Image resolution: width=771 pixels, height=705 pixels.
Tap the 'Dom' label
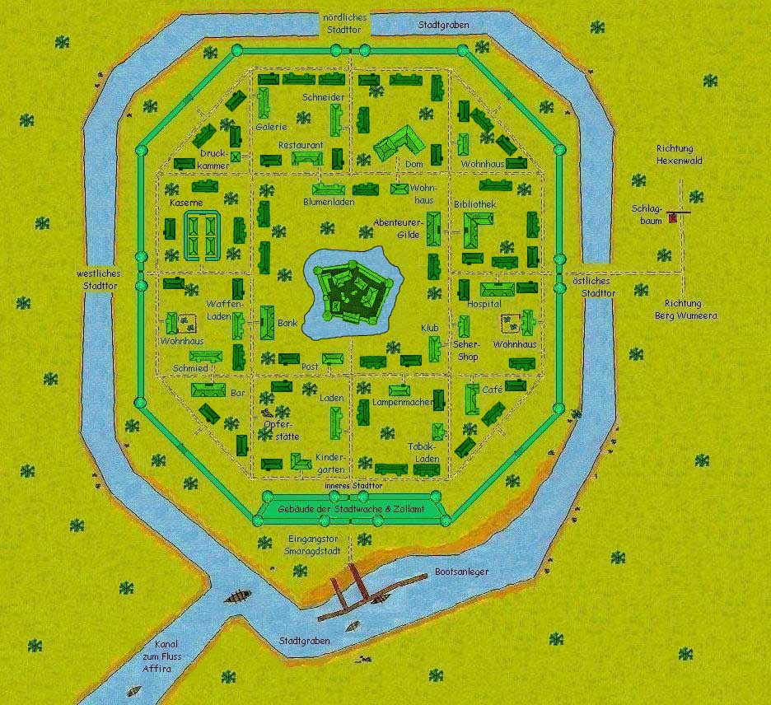coord(414,164)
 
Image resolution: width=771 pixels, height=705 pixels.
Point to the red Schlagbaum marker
coord(673,218)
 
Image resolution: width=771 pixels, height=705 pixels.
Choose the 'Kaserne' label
coord(185,202)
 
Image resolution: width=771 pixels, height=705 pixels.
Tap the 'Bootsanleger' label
coord(461,572)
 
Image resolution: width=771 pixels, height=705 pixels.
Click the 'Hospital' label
coord(484,304)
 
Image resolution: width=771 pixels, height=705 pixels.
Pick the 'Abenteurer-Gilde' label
coord(398,228)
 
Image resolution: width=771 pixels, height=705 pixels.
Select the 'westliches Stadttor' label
coord(98,279)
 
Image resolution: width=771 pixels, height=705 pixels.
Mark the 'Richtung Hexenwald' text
coord(679,154)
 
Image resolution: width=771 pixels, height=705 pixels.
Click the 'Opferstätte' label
coord(281,430)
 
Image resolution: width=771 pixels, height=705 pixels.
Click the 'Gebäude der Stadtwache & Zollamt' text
coord(352,511)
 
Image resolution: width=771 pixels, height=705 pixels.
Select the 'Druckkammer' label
coord(214,160)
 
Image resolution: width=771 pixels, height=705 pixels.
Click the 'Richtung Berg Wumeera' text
coord(686,309)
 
